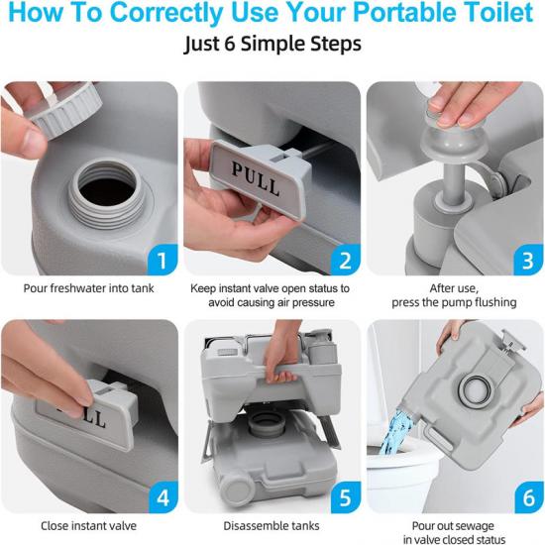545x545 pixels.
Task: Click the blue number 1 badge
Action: click(163, 260)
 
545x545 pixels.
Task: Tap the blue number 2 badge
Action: click(345, 260)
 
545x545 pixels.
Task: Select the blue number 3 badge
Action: click(528, 260)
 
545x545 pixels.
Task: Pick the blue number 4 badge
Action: click(163, 497)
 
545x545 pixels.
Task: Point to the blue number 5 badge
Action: click(345, 497)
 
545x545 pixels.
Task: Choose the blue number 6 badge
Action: click(528, 497)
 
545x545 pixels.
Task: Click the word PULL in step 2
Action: click(256, 179)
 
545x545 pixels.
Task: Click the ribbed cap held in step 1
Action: click(65, 111)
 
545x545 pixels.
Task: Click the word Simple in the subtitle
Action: click(272, 45)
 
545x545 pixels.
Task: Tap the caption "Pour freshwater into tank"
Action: click(88, 288)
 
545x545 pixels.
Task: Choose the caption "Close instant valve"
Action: click(88, 526)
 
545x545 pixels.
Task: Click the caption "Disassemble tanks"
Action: click(272, 526)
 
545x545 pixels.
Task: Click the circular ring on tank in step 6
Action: click(475, 388)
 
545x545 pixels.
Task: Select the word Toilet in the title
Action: click(498, 13)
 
